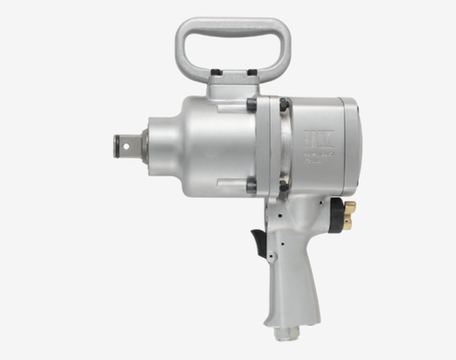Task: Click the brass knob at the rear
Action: coord(348,213)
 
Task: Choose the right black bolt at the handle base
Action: coord(252,70)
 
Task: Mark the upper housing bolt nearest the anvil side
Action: coord(252,106)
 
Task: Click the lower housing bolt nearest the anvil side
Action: coord(252,185)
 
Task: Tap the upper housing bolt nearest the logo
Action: coord(283,105)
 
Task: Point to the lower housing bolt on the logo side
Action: coord(283,185)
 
